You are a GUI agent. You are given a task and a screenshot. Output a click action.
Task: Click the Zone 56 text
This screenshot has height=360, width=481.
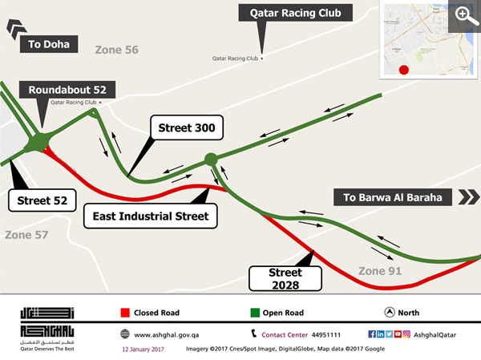coord(117,50)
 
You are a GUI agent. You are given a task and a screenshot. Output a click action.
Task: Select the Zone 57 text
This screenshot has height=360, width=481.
coord(27,235)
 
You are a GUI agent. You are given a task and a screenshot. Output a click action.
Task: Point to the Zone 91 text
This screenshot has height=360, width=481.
coord(380,270)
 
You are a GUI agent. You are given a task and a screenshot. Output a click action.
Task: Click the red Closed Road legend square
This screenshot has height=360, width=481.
coord(125,313)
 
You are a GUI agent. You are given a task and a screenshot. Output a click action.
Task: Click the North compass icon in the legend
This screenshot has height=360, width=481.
coord(389,313)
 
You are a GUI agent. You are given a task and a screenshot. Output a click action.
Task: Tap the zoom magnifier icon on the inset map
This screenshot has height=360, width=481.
coord(463,14)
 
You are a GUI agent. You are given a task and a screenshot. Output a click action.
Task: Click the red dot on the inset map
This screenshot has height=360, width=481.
coord(404,70)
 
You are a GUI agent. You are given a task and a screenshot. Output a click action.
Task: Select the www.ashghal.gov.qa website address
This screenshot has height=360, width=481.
coord(167,334)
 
